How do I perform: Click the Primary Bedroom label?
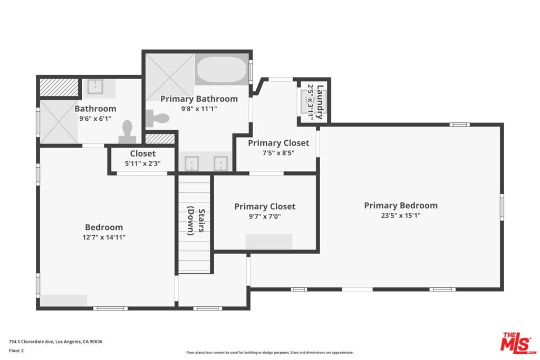tap(400, 206)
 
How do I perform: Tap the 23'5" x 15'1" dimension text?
tap(400, 216)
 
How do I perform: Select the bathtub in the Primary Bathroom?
tap(221, 70)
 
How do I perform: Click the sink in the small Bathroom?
tap(95, 86)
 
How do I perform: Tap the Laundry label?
tap(319, 101)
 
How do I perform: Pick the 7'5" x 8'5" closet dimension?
tap(278, 153)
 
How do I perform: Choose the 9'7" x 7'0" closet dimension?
tap(265, 217)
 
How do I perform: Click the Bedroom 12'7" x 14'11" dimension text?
tap(104, 237)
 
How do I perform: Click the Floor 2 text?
tap(18, 349)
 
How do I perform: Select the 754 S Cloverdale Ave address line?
tap(55, 342)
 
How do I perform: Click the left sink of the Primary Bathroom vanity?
tap(191, 163)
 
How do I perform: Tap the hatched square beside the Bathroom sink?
tap(58, 87)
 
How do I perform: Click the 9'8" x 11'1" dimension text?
tap(199, 109)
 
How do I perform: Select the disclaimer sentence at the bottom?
tap(269, 353)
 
